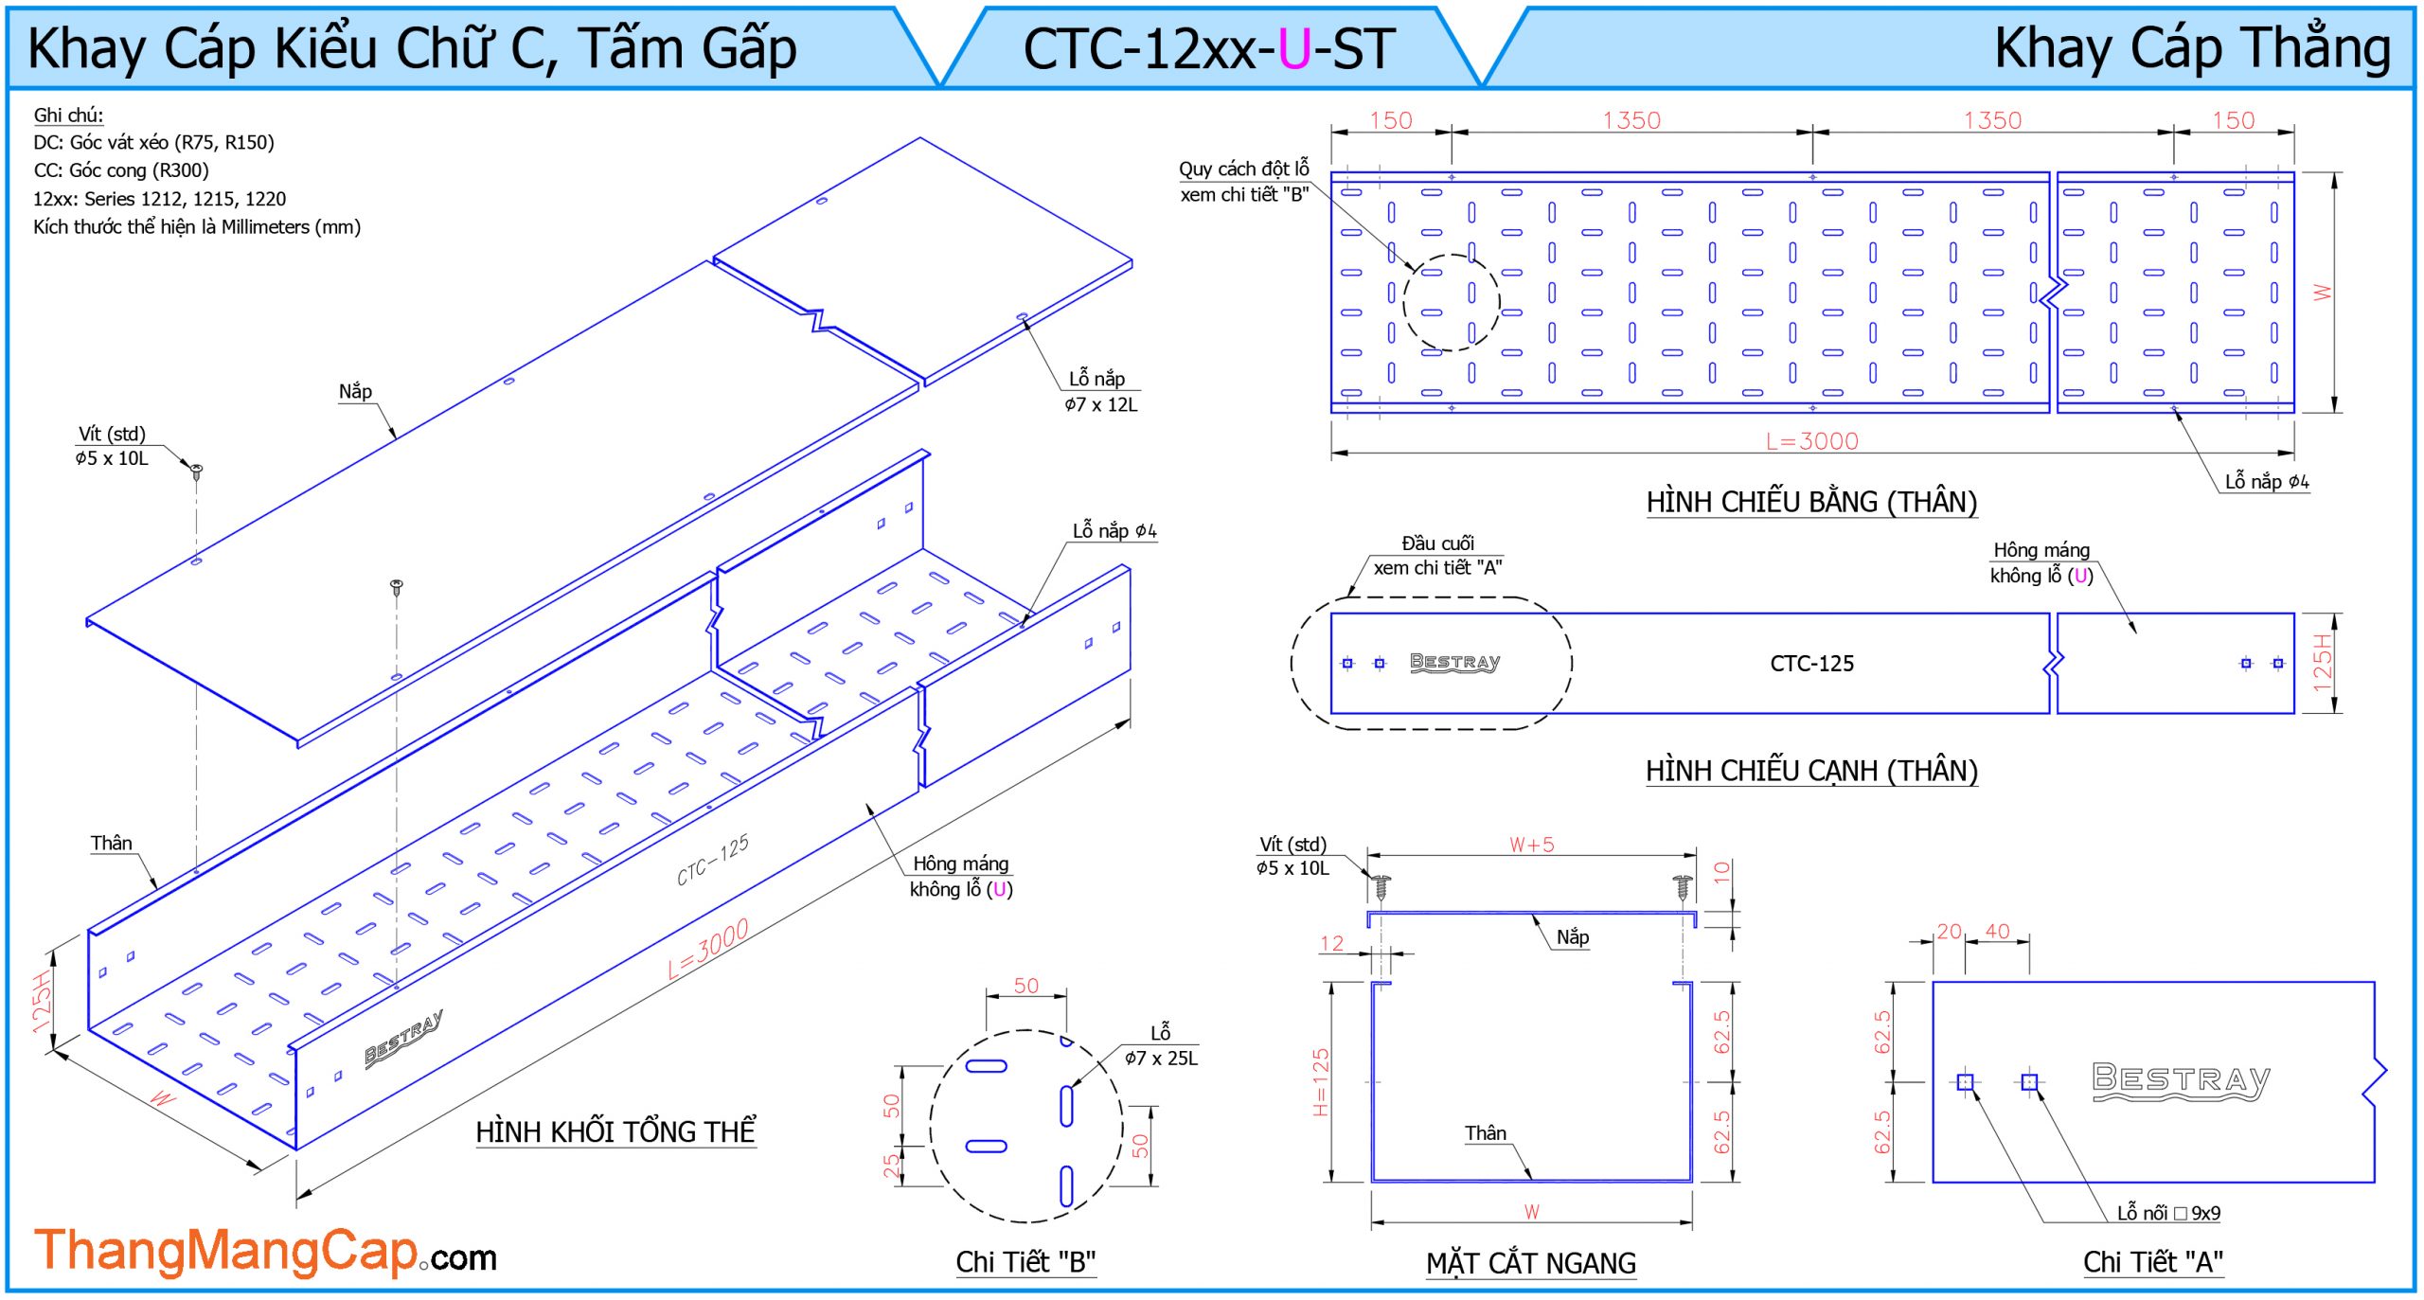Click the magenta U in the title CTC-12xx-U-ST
[x=1293, y=49]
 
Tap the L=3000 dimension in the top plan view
[x=1811, y=440]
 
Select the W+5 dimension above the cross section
[x=1531, y=845]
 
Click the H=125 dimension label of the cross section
[x=1321, y=1081]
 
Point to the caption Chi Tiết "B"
[x=1025, y=1261]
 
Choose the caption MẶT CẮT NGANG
[x=1531, y=1262]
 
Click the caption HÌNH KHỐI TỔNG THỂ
[x=615, y=1131]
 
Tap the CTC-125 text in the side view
[x=1811, y=663]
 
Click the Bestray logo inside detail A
[x=2181, y=1080]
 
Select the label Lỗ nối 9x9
[x=2168, y=1213]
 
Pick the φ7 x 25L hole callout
[x=1161, y=1058]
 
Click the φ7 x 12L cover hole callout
[x=1101, y=404]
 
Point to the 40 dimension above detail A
[x=1997, y=932]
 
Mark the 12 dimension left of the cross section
[x=1331, y=943]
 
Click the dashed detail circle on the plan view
[x=1451, y=302]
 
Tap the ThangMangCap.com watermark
[x=265, y=1252]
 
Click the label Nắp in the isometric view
[x=355, y=391]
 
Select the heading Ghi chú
[x=68, y=115]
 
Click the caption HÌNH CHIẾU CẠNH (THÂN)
[x=1811, y=771]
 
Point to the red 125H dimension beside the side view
[x=2323, y=663]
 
